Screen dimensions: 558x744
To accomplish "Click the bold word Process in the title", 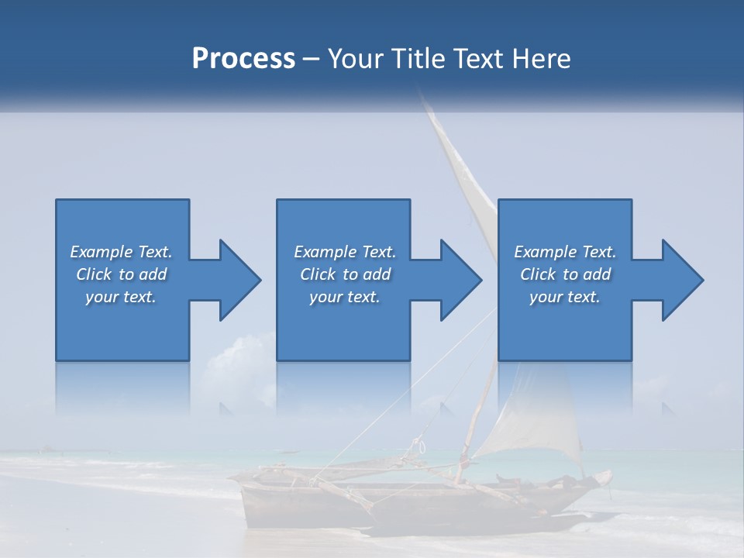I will pyautogui.click(x=243, y=59).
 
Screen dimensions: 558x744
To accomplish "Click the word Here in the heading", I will pyautogui.click(x=542, y=59).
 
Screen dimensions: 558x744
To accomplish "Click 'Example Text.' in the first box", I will pyautogui.click(x=121, y=252).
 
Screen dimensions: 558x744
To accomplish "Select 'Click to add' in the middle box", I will pyautogui.click(x=345, y=274).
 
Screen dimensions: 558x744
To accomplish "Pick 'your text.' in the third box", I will pyautogui.click(x=565, y=297).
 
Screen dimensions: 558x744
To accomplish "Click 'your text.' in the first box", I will pyautogui.click(x=121, y=297).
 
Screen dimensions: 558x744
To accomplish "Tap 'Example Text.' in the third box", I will pyautogui.click(x=565, y=252).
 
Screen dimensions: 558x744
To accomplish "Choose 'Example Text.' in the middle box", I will pyautogui.click(x=345, y=252).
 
